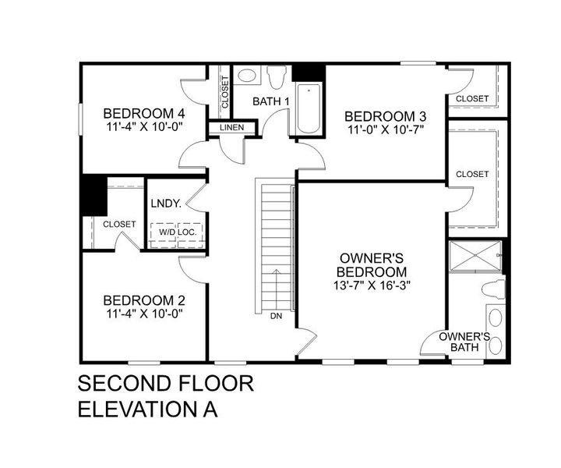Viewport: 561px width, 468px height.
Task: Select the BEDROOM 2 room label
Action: click(143, 300)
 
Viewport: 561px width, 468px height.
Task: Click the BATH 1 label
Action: click(271, 101)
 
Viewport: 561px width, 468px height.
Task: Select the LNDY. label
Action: click(166, 204)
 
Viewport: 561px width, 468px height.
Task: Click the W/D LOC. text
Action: click(178, 232)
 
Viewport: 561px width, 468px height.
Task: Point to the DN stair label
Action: click(276, 317)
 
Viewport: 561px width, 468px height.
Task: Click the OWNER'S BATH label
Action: click(464, 342)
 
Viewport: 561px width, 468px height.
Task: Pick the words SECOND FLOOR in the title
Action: click(165, 384)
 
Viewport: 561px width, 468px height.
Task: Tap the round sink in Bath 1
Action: click(246, 76)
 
